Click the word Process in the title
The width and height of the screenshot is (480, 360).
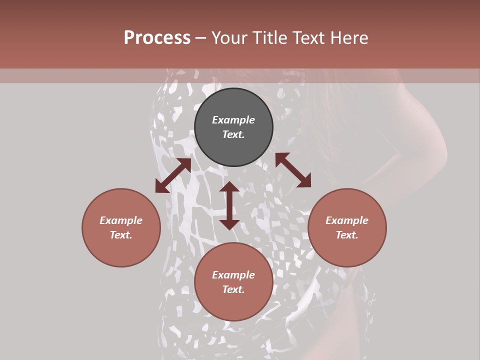point(157,38)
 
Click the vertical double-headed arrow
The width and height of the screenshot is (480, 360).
point(229,205)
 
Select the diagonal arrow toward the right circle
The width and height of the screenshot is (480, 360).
point(293,170)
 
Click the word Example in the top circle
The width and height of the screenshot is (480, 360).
point(233,120)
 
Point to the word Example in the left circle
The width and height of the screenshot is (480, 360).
point(121,220)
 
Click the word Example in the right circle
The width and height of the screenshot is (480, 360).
point(347,220)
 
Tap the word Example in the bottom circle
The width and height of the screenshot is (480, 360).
point(233,275)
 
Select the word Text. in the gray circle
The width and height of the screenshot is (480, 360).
point(233,134)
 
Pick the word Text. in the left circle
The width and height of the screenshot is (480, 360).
point(121,235)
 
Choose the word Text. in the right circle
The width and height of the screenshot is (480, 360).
point(347,235)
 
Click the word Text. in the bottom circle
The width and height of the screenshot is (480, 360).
point(233,289)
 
